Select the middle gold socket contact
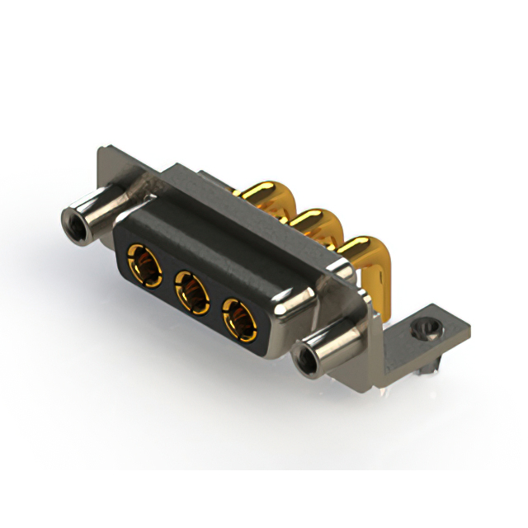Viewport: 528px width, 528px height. [x=192, y=292]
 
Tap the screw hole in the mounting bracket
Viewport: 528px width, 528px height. [x=426, y=328]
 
